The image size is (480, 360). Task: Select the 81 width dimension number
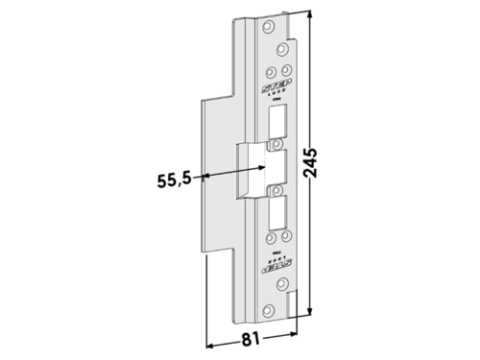click(x=252, y=338)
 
